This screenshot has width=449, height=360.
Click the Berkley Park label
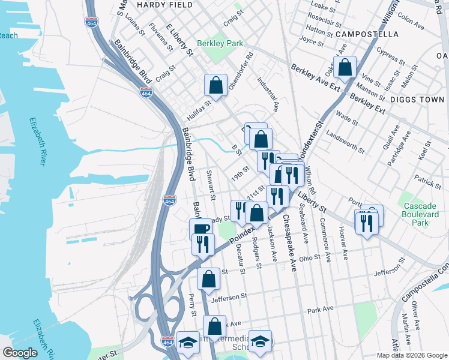tap(220, 44)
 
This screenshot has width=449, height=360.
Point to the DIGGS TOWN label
tap(418, 99)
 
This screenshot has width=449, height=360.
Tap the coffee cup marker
tap(200, 229)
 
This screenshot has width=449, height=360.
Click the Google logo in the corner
tap(20, 353)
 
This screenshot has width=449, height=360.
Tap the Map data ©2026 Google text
tap(411, 355)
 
